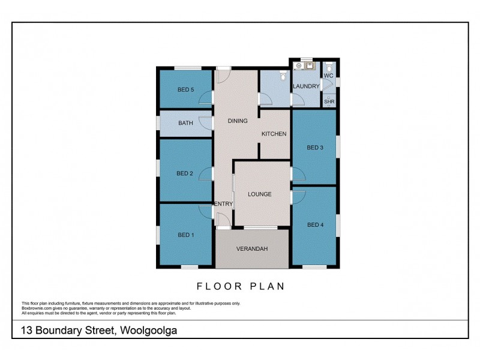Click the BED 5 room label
pyautogui.click(x=185, y=90)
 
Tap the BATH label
pyautogui.click(x=185, y=123)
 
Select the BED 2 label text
pyautogui.click(x=185, y=174)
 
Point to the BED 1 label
pyautogui.click(x=185, y=235)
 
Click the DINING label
pyautogui.click(x=238, y=121)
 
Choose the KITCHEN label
pyautogui.click(x=274, y=134)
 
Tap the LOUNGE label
pyautogui.click(x=260, y=194)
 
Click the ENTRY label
pyautogui.click(x=223, y=204)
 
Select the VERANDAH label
pyautogui.click(x=251, y=248)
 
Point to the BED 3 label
pyautogui.click(x=315, y=148)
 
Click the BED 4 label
pyautogui.click(x=315, y=225)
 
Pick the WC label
pyautogui.click(x=328, y=76)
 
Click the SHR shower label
pyautogui.click(x=329, y=102)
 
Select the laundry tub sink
pyautogui.click(x=310, y=65)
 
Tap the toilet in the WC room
pyautogui.click(x=328, y=67)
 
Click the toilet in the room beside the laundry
pyautogui.click(x=283, y=76)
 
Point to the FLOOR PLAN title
pyautogui.click(x=241, y=287)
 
